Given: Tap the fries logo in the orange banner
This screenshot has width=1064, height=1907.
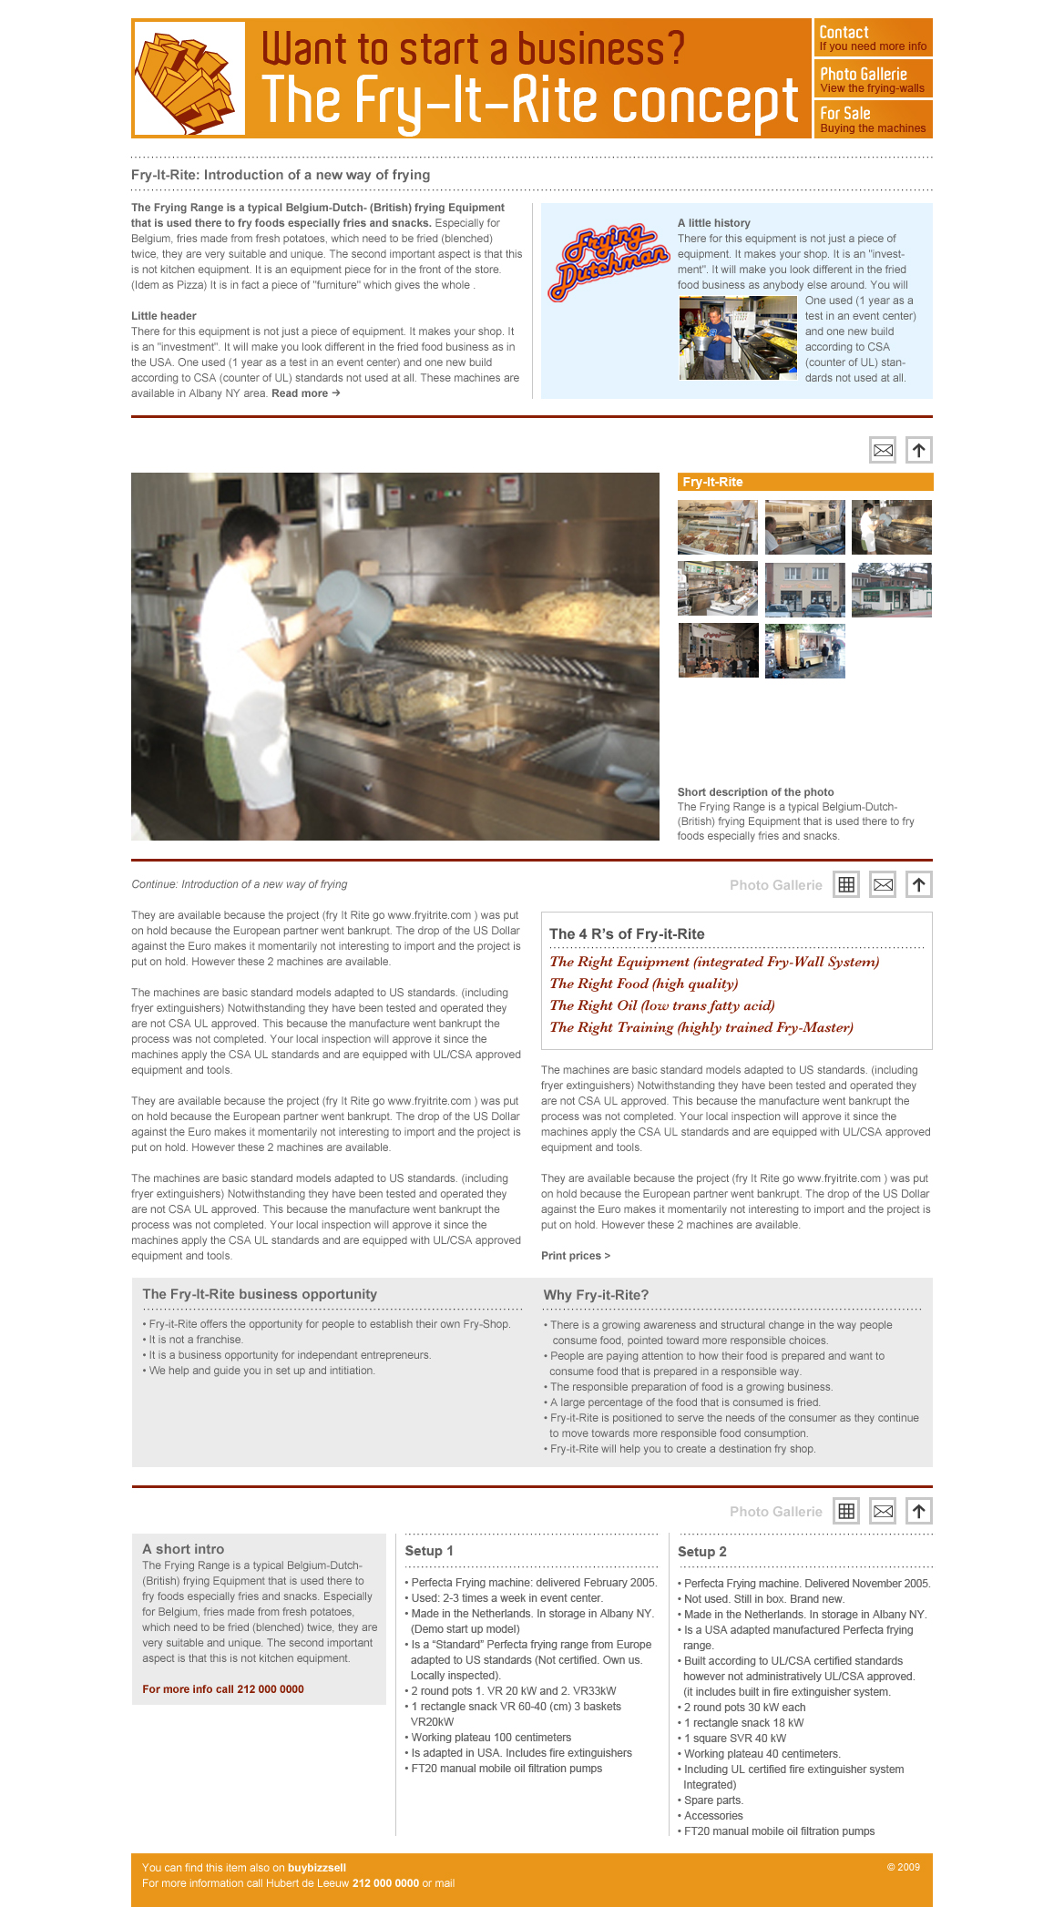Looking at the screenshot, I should pos(189,79).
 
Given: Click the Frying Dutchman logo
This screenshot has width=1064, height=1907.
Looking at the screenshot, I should pos(608,260).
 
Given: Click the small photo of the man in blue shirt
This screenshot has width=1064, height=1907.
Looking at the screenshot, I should pos(737,338).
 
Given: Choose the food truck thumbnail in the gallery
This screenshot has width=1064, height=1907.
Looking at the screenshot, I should pos(804,650).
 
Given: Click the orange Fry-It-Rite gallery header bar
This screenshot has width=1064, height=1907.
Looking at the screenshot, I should pos(804,482).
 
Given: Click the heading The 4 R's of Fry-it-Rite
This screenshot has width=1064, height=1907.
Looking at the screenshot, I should pos(627,933).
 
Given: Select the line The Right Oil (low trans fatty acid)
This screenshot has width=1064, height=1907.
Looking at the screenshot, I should pos(662,1005).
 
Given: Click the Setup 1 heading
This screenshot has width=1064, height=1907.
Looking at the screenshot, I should pos(429,1551).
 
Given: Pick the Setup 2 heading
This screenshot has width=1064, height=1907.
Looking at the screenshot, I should pos(702,1552).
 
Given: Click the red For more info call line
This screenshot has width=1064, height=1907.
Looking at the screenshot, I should pos(223,1689).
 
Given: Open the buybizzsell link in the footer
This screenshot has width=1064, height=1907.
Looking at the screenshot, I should pos(317,1868).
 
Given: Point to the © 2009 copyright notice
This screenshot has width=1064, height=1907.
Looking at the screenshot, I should pos(903,1867).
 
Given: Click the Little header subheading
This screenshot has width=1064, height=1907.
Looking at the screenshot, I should pos(164,316).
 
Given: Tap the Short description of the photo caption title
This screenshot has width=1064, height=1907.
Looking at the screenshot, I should pos(755,792).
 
